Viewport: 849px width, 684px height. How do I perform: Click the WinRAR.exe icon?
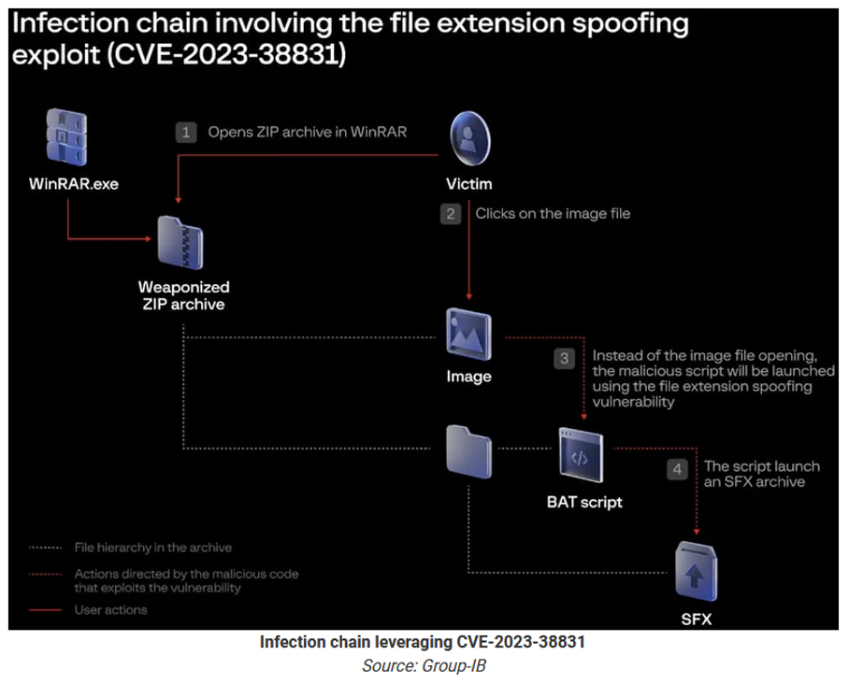(x=66, y=137)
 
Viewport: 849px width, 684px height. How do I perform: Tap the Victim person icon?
(x=469, y=138)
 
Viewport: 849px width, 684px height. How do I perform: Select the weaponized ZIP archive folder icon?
(x=180, y=242)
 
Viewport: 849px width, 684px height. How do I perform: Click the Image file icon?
(x=468, y=334)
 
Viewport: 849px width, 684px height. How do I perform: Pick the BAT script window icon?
(x=581, y=455)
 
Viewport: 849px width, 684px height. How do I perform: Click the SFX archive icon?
(x=697, y=572)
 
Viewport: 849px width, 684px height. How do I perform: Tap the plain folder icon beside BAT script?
(x=468, y=452)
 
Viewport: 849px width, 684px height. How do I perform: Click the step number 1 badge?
(x=186, y=132)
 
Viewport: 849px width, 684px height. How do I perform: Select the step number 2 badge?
(x=451, y=214)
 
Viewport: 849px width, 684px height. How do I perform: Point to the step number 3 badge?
(x=564, y=358)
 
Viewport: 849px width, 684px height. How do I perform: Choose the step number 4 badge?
(x=677, y=469)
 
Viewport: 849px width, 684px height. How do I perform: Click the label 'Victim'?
(x=468, y=184)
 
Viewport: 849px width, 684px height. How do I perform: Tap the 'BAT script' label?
(x=584, y=502)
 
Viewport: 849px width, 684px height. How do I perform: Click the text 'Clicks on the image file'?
(x=553, y=214)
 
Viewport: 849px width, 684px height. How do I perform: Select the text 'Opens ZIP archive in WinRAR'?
(x=308, y=132)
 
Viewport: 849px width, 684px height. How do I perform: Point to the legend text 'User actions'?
(x=111, y=610)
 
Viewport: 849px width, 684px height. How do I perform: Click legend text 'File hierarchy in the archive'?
(x=153, y=548)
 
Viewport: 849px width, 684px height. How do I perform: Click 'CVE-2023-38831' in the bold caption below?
(x=521, y=642)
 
